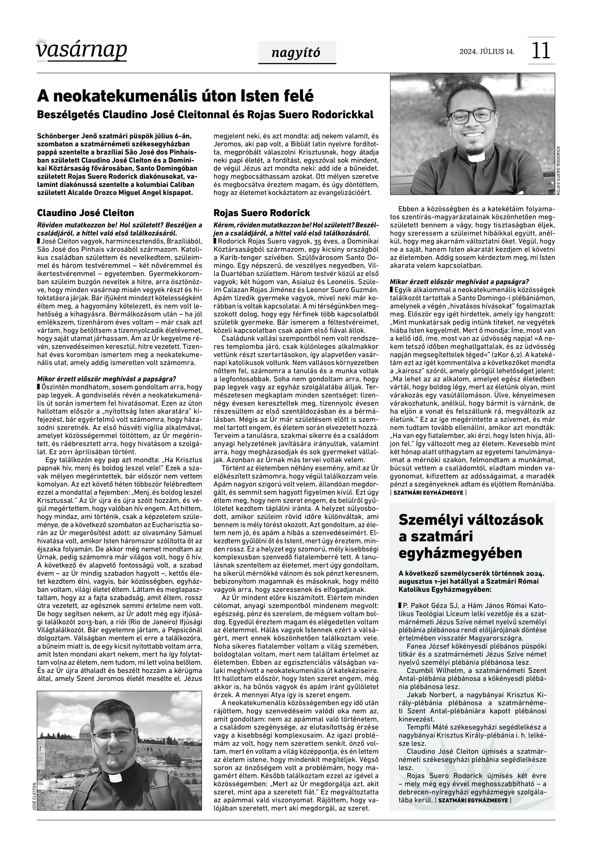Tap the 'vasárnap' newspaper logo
(x=82, y=50)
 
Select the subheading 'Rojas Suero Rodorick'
(x=262, y=213)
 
